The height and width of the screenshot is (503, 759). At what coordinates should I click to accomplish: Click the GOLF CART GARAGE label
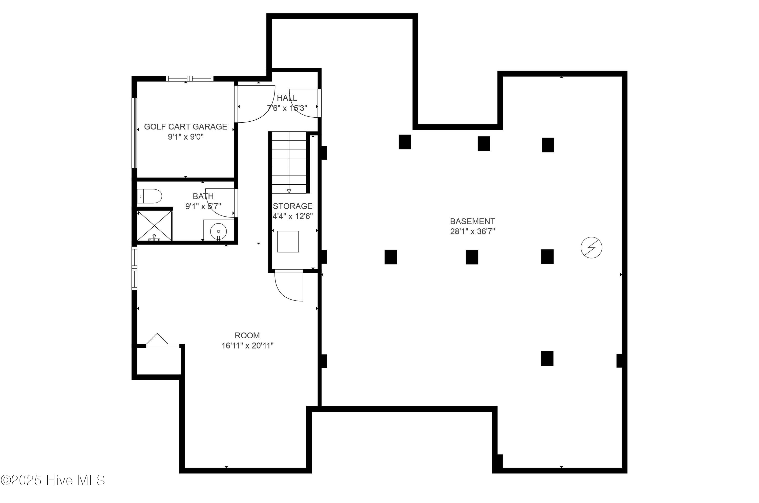pos(185,127)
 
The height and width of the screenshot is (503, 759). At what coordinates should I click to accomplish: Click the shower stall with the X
pos(155,226)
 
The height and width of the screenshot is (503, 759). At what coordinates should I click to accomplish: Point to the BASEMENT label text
pos(472,221)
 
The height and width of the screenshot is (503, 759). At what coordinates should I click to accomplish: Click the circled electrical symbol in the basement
pos(591,248)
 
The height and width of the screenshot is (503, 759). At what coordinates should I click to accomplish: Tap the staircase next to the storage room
pos(289,162)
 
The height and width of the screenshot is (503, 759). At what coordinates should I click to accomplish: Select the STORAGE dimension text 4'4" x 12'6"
pos(292,216)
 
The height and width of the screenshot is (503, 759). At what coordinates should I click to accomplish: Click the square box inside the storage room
pos(288,242)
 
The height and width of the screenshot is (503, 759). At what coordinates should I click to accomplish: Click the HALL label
pos(287,98)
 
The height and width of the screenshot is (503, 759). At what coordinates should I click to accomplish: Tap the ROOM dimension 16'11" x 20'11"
pos(247,346)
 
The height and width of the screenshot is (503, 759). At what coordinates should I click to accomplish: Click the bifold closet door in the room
pos(157,340)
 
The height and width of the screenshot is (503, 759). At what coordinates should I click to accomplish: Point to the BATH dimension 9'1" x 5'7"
pos(203,206)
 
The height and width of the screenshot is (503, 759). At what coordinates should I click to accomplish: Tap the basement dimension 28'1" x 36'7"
pos(472,232)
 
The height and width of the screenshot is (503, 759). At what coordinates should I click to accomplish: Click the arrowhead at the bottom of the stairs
pos(289,191)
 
